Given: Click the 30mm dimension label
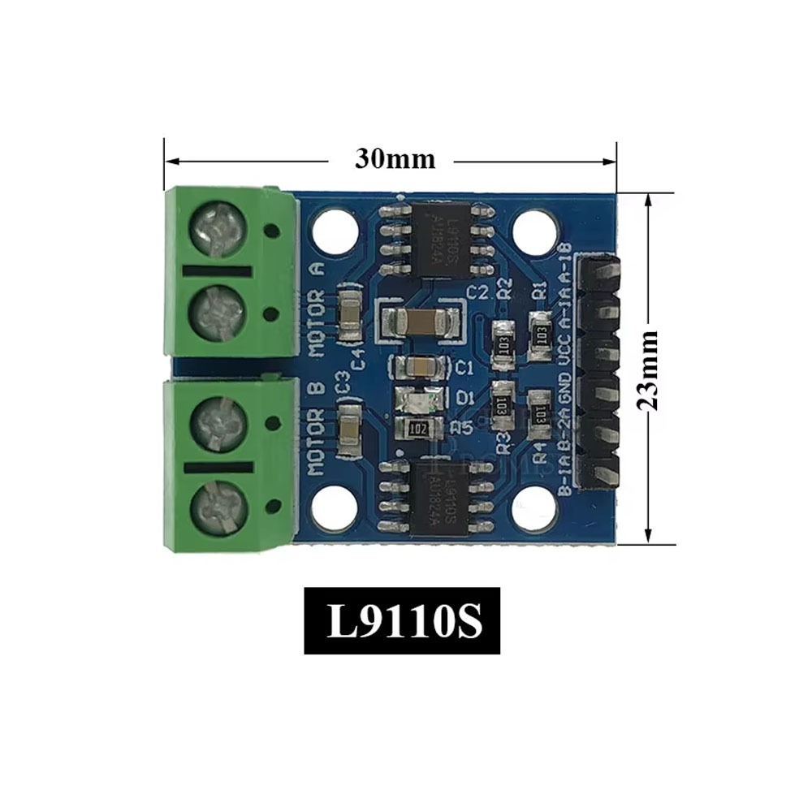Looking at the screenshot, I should [x=394, y=158].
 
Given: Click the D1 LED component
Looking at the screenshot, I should [x=420, y=398].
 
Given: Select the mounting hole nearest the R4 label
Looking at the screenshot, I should [x=532, y=508].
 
